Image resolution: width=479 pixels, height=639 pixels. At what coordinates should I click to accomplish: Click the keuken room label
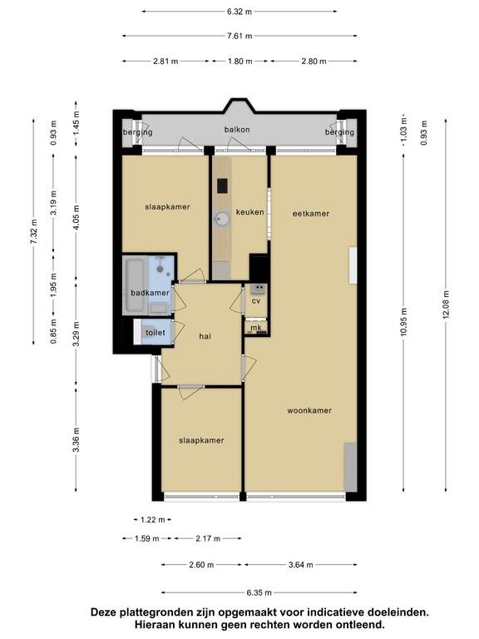(249, 212)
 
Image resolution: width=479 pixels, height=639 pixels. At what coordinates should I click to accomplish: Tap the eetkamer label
(311, 213)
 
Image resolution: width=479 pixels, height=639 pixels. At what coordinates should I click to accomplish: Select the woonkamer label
(309, 410)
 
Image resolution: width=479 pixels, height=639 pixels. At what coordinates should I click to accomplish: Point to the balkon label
(237, 130)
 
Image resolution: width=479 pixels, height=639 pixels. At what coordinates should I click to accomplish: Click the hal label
(205, 336)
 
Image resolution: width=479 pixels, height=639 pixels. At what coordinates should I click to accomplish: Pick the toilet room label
(156, 333)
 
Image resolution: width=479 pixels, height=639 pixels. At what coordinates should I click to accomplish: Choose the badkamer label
(150, 293)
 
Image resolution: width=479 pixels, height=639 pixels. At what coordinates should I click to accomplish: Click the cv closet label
(256, 301)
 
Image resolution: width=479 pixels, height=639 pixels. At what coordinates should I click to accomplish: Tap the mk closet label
(256, 328)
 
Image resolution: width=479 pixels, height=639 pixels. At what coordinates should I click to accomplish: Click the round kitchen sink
(222, 220)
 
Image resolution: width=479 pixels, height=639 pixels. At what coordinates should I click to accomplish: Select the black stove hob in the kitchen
(222, 186)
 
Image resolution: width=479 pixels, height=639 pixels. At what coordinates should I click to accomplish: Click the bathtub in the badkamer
(135, 285)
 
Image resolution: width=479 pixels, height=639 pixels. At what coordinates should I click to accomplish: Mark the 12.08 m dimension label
(446, 305)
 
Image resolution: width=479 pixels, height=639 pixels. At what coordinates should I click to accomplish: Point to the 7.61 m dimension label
(239, 36)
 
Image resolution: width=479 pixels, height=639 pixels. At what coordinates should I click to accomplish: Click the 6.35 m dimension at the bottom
(259, 592)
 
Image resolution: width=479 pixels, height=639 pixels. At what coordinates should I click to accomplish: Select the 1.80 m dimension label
(239, 61)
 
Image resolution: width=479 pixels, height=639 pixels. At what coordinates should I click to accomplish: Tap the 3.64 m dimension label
(300, 564)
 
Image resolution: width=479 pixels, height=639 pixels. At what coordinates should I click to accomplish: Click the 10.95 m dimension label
(403, 322)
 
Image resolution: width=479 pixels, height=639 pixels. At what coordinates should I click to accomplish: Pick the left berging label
(138, 132)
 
